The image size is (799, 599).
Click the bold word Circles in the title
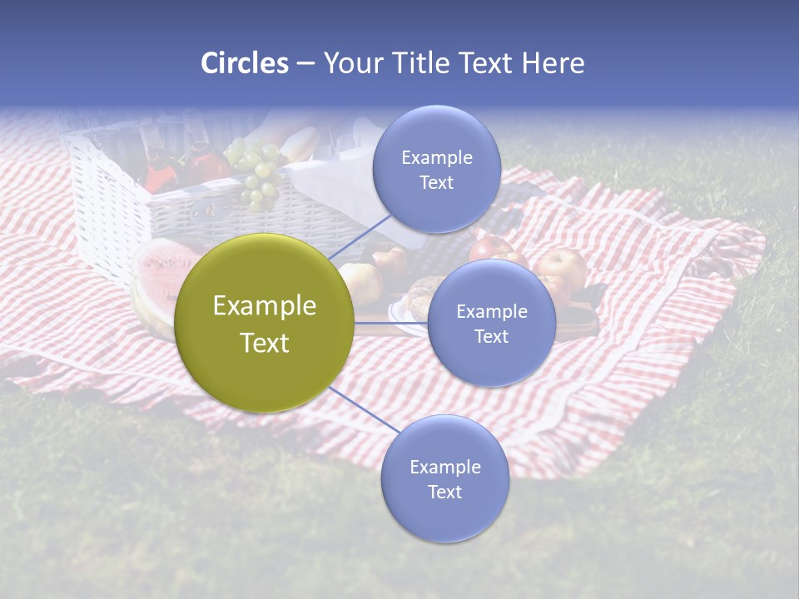click(244, 63)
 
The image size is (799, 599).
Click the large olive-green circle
click(265, 324)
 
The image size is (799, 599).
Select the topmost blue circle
click(436, 169)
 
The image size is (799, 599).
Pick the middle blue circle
click(491, 323)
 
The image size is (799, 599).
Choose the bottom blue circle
click(444, 478)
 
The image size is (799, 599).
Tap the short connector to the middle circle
click(391, 323)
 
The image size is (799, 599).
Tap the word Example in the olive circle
click(265, 305)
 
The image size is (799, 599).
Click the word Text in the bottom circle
click(444, 492)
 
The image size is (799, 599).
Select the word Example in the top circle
click(436, 157)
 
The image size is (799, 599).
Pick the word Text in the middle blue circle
click(491, 336)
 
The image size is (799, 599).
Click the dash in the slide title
click(305, 63)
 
